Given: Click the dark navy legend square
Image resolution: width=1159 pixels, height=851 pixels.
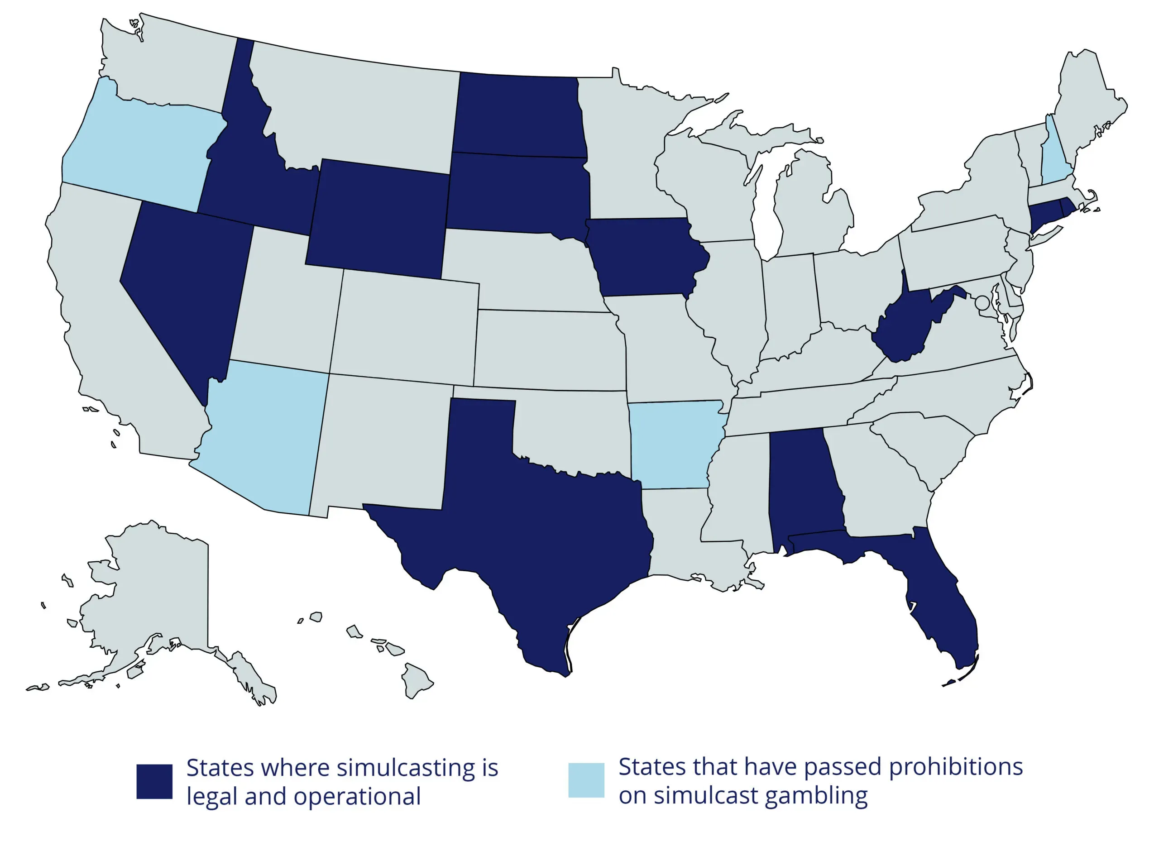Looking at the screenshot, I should pyautogui.click(x=154, y=781).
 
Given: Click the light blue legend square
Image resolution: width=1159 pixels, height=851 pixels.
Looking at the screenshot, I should pyautogui.click(x=586, y=780).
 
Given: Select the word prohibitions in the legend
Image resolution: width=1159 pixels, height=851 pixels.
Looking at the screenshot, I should pyautogui.click(x=956, y=766).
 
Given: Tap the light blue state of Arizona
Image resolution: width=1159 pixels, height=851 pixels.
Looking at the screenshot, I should pyautogui.click(x=263, y=438).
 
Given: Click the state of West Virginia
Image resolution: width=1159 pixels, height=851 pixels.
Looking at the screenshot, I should pyautogui.click(x=906, y=330).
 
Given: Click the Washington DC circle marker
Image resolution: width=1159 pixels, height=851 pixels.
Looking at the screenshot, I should pyautogui.click(x=982, y=302).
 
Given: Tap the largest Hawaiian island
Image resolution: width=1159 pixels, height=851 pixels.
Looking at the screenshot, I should pyautogui.click(x=415, y=680).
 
